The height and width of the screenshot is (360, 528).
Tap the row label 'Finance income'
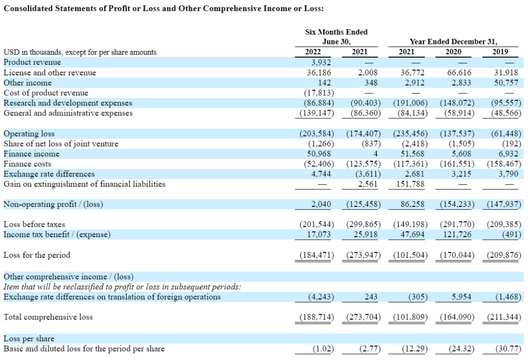tap(31, 154)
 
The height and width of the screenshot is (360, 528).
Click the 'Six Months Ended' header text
tap(336, 32)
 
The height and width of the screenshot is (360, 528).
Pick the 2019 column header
tap(500, 52)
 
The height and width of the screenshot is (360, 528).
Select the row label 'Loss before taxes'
tap(34, 225)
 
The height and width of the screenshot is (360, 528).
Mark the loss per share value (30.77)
tap(508, 349)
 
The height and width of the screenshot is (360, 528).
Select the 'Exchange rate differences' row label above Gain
tap(49, 174)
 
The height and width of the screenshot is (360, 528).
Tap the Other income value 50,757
tap(507, 83)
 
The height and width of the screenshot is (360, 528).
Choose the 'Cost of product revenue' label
tap(46, 93)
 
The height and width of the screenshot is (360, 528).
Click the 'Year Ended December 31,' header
tap(453, 42)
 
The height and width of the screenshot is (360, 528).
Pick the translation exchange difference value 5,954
tap(461, 297)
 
